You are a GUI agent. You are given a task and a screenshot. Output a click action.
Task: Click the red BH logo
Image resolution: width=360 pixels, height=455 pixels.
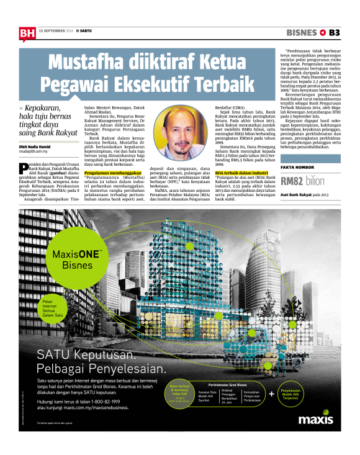(x=26, y=34)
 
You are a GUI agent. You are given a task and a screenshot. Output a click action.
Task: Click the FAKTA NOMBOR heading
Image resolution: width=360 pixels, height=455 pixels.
(x=297, y=168)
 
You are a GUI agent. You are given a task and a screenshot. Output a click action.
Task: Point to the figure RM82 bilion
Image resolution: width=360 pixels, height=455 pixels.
(x=302, y=181)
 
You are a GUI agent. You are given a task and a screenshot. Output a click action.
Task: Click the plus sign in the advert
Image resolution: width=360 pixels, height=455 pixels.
(x=271, y=394)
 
